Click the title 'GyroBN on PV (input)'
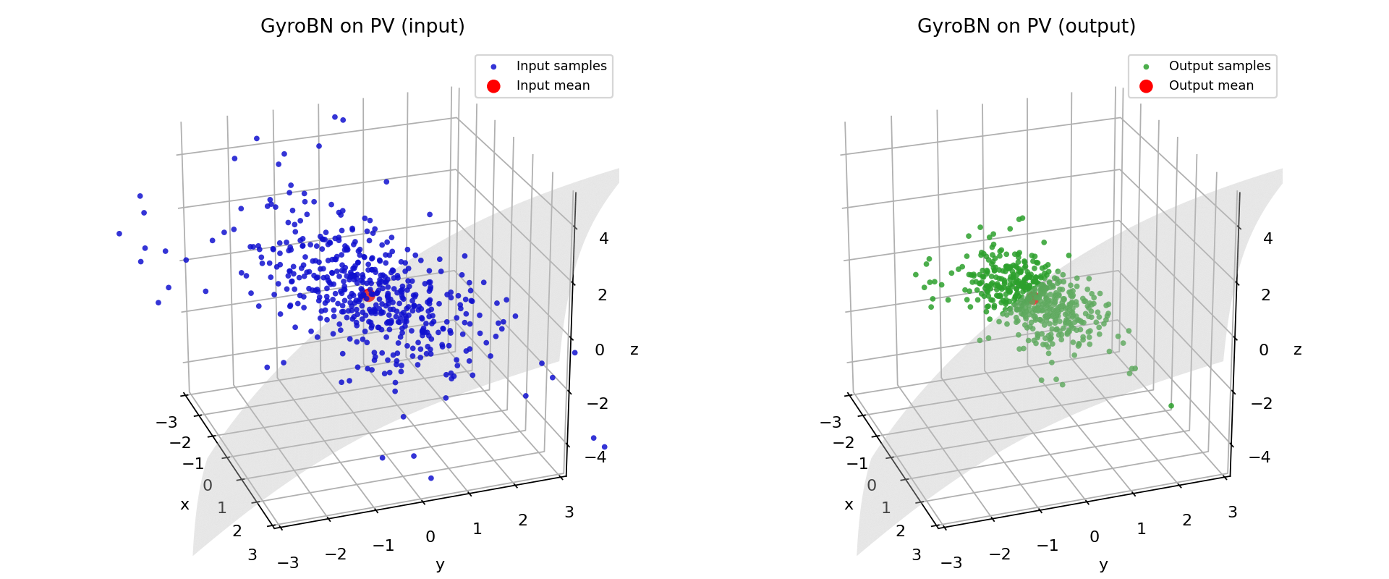click(362, 27)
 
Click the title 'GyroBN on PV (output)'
click(1026, 27)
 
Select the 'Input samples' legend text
click(561, 66)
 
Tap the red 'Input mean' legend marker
click(493, 86)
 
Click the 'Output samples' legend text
click(1219, 66)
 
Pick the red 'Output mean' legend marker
click(1146, 86)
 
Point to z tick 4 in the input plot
click(603, 239)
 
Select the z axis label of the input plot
click(634, 350)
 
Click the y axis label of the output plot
click(1103, 565)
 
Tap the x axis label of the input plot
click(184, 505)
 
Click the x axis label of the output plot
click(849, 505)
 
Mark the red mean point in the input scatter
click(369, 295)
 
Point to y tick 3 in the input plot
click(569, 512)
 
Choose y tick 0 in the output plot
click(1094, 537)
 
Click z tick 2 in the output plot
click(1265, 295)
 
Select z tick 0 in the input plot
click(599, 350)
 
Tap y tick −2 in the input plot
click(335, 554)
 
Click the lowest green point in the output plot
click(1171, 406)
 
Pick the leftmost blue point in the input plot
click(119, 234)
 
